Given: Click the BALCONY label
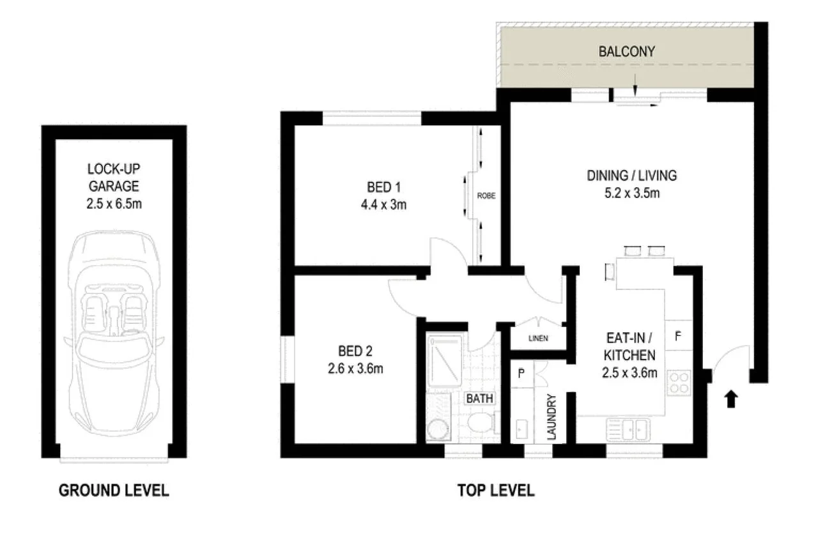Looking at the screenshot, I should click(626, 52).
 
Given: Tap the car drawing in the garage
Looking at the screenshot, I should click(114, 332).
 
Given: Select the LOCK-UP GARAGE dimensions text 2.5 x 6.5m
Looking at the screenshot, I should click(114, 204).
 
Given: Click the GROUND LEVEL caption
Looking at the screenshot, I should click(114, 491).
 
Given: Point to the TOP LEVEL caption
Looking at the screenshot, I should click(495, 491).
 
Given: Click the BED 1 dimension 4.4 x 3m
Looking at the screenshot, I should click(383, 205).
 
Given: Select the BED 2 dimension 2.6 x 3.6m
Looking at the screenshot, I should click(355, 369).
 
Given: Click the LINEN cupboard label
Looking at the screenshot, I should click(537, 339).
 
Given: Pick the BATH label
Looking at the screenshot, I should click(479, 399).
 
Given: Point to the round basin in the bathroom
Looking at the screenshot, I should click(438, 429).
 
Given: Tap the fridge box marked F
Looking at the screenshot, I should click(678, 335).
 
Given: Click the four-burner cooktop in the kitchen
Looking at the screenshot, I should click(679, 383).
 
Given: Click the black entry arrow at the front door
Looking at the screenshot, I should click(731, 399).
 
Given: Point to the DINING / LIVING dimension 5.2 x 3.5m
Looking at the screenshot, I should click(631, 192).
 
